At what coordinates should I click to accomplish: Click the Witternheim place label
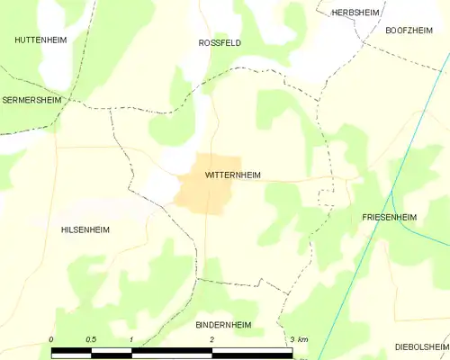(x=233, y=175)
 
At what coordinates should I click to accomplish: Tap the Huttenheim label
(x=40, y=40)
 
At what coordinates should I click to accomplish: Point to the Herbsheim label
(x=353, y=13)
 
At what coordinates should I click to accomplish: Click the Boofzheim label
(x=409, y=30)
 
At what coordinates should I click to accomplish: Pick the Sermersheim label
(x=32, y=100)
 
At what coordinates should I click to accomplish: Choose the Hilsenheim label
(x=85, y=229)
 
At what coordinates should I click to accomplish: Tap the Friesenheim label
(x=389, y=218)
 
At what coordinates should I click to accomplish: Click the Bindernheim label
(x=223, y=324)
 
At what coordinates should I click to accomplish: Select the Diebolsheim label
(x=421, y=346)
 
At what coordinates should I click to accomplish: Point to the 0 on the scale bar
(x=51, y=338)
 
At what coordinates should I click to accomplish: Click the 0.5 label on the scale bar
(x=91, y=338)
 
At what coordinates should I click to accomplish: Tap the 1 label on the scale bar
(x=131, y=338)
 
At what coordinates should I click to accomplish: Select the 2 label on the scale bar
(x=211, y=338)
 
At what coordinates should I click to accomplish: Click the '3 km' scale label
(x=299, y=338)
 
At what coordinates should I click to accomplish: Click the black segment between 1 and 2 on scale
(x=172, y=350)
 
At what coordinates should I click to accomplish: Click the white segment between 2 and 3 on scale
(x=252, y=350)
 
